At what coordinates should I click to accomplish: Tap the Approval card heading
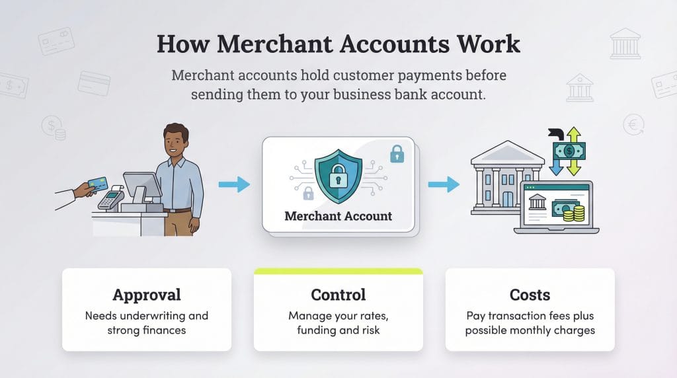[146, 295]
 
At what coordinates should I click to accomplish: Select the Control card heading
[338, 295]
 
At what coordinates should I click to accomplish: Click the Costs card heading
[530, 295]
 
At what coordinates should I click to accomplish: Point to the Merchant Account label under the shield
[338, 216]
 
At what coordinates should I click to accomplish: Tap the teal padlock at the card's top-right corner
[397, 155]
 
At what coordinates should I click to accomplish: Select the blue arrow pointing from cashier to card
[234, 184]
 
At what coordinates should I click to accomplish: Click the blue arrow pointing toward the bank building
[444, 184]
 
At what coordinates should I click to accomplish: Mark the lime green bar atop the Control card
[338, 271]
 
